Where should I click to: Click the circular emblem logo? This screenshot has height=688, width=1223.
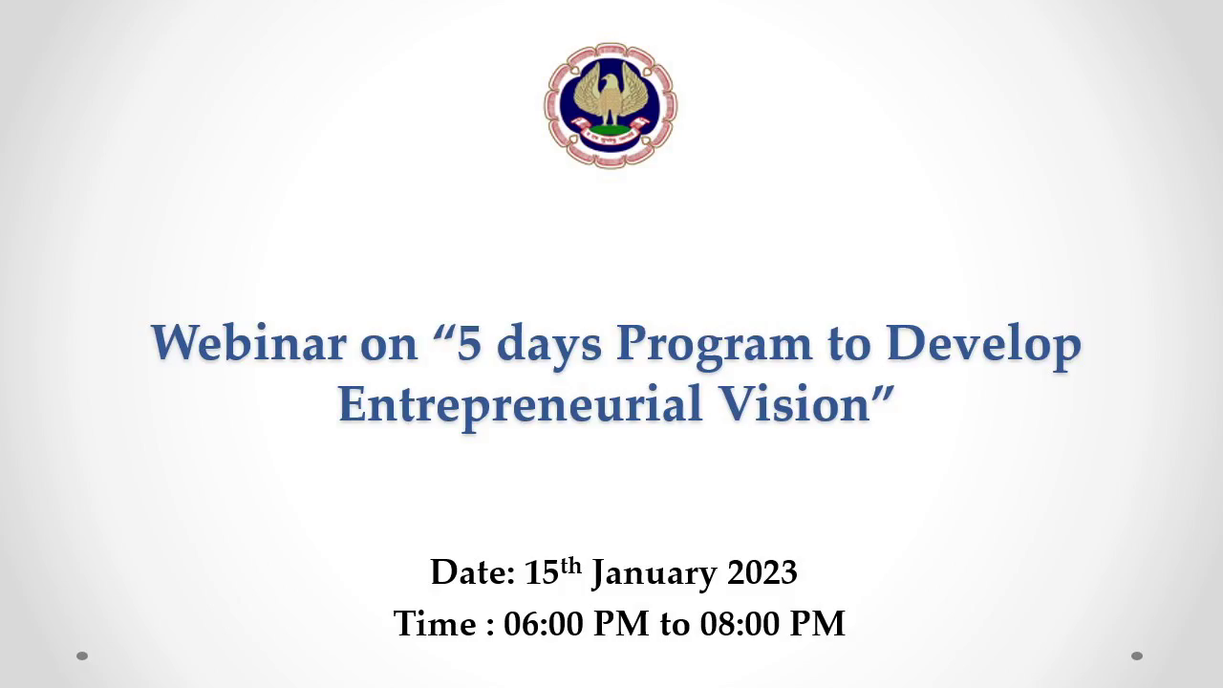pyautogui.click(x=611, y=105)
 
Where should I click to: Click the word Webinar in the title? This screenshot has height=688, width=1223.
pyautogui.click(x=249, y=343)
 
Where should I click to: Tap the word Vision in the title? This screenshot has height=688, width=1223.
pyautogui.click(x=794, y=403)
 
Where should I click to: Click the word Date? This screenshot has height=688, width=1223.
pyautogui.click(x=473, y=572)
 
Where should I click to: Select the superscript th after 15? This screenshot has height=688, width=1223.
pyautogui.click(x=571, y=566)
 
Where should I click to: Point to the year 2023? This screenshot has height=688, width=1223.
pyautogui.click(x=762, y=572)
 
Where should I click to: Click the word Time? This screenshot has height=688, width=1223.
pyautogui.click(x=435, y=623)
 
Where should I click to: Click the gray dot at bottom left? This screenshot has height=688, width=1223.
pyautogui.click(x=82, y=656)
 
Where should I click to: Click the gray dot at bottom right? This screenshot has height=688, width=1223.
pyautogui.click(x=1137, y=656)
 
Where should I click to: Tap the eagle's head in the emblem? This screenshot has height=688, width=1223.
pyautogui.click(x=609, y=83)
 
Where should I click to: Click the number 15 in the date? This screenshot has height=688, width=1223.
pyautogui.click(x=542, y=572)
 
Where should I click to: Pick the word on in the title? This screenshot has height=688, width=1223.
pyautogui.click(x=389, y=347)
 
